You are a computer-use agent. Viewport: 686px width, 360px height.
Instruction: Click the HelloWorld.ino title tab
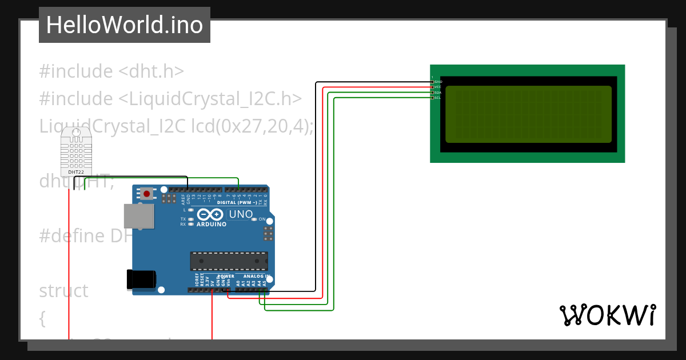(125, 25)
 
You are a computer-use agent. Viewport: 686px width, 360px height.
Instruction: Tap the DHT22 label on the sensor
(76, 171)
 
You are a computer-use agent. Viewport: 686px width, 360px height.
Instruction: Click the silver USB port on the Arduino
(139, 216)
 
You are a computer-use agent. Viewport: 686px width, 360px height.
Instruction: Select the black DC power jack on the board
(141, 279)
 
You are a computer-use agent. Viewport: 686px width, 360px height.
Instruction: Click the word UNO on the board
(241, 215)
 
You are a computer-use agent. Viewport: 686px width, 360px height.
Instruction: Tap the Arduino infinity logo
(210, 215)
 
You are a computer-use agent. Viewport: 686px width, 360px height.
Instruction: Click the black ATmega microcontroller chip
(229, 261)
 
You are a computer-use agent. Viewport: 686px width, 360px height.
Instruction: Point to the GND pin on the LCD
(432, 82)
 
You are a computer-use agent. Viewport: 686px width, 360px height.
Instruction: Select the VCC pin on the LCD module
(432, 87)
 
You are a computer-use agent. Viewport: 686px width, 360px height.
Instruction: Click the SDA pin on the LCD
(432, 93)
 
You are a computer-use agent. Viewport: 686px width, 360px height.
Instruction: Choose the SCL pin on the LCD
(432, 98)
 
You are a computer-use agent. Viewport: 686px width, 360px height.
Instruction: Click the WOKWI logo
(608, 315)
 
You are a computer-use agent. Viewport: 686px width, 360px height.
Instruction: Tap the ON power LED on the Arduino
(254, 219)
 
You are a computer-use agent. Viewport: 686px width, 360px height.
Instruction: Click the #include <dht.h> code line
(111, 71)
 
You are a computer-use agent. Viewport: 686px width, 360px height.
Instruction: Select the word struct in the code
(63, 291)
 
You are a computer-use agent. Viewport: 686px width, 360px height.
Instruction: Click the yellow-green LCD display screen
(528, 114)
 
